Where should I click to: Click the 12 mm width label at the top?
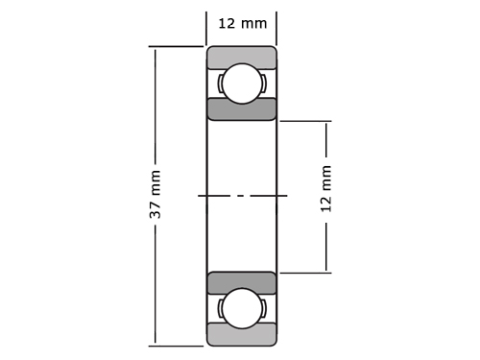point(242,23)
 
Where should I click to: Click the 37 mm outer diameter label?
point(156,194)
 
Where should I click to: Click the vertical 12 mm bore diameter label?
point(325,189)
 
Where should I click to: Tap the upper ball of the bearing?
point(242,84)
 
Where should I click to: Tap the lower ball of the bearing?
point(242,308)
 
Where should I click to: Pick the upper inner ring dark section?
point(242,109)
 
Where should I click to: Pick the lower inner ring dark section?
point(242,281)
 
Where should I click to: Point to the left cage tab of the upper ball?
point(220,84)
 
